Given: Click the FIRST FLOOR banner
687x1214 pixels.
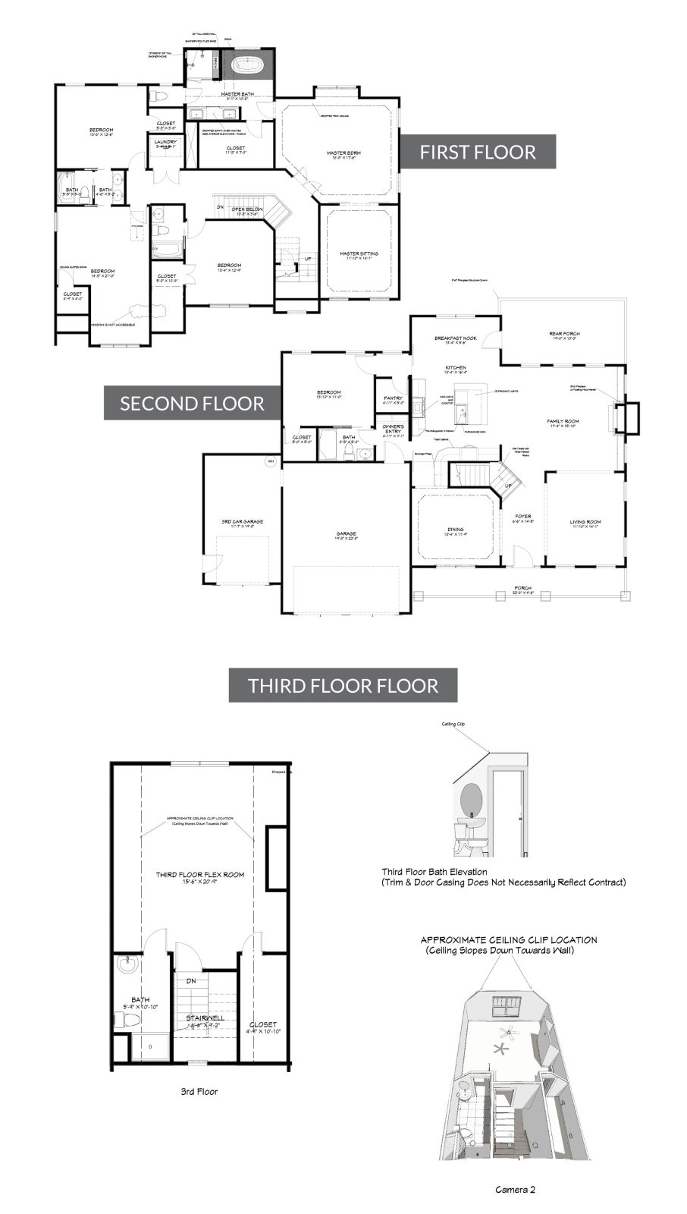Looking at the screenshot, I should (x=478, y=152).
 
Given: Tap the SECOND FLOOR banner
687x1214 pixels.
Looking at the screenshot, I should (x=192, y=403).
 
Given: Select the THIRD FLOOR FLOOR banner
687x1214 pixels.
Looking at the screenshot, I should (x=343, y=686).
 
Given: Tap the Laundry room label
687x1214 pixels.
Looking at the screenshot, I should (x=165, y=143).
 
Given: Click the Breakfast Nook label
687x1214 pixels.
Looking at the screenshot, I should (x=455, y=339).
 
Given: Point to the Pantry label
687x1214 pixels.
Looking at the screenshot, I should (x=393, y=398).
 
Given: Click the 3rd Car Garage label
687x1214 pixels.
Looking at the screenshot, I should (x=242, y=523).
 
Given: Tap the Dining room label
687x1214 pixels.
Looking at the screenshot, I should (x=455, y=531).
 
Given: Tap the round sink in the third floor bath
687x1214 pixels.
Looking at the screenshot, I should (x=127, y=967).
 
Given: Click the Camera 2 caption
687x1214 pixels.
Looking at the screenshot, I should (x=515, y=1189).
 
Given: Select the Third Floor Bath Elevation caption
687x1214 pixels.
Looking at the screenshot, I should (x=434, y=872).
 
